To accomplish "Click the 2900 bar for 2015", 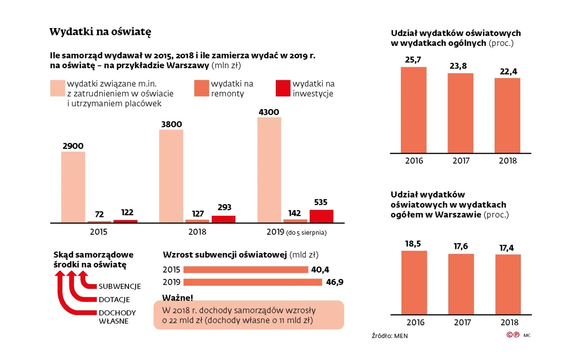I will [73, 187].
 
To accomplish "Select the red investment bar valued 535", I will [321, 216].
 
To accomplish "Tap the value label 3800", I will [171, 124].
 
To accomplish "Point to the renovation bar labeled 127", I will [198, 221].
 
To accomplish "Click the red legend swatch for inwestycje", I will [283, 88].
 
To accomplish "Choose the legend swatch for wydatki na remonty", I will [201, 88].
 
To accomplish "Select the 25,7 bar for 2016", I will [413, 110].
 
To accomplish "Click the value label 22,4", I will [508, 72].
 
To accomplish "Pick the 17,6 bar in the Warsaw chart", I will [461, 284].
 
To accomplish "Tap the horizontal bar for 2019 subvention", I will [252, 282].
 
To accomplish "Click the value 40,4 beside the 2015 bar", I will [320, 270].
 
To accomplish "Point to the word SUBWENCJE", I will [120, 286].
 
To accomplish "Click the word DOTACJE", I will [114, 300].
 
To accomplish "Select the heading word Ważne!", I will [177, 298].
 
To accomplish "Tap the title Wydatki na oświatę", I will [100, 32].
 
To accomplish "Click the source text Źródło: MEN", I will [390, 336].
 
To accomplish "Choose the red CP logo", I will [513, 335].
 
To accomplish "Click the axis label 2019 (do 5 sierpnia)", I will [296, 232].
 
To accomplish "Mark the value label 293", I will [224, 207].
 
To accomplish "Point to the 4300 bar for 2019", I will [269, 170].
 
